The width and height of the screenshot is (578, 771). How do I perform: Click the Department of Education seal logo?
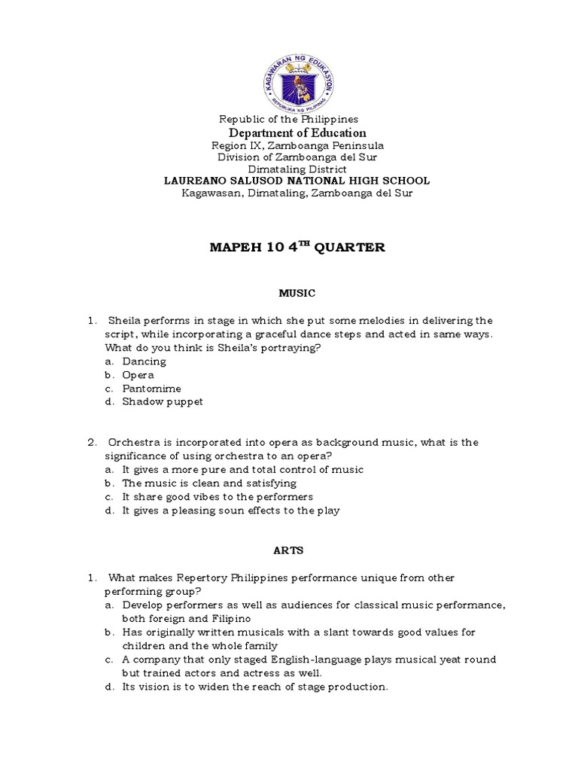[x=297, y=72]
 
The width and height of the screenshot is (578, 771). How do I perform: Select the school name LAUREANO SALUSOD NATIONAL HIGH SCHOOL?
[x=297, y=181]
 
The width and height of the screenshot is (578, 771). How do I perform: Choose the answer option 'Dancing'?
[x=144, y=361]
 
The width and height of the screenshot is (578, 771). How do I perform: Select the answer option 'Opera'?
[x=138, y=375]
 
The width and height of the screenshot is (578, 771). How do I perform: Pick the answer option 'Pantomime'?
[x=150, y=389]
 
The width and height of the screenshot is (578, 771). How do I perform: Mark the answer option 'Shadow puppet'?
[x=163, y=402]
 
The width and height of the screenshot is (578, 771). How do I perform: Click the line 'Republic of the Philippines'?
[x=288, y=120]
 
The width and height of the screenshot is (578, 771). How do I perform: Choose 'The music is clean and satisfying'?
[x=209, y=483]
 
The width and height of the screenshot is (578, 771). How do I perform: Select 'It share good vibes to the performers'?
[x=218, y=497]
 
